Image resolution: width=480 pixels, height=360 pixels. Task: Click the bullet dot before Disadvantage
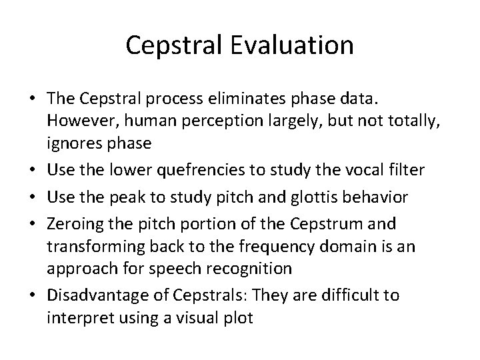tap(31, 295)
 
